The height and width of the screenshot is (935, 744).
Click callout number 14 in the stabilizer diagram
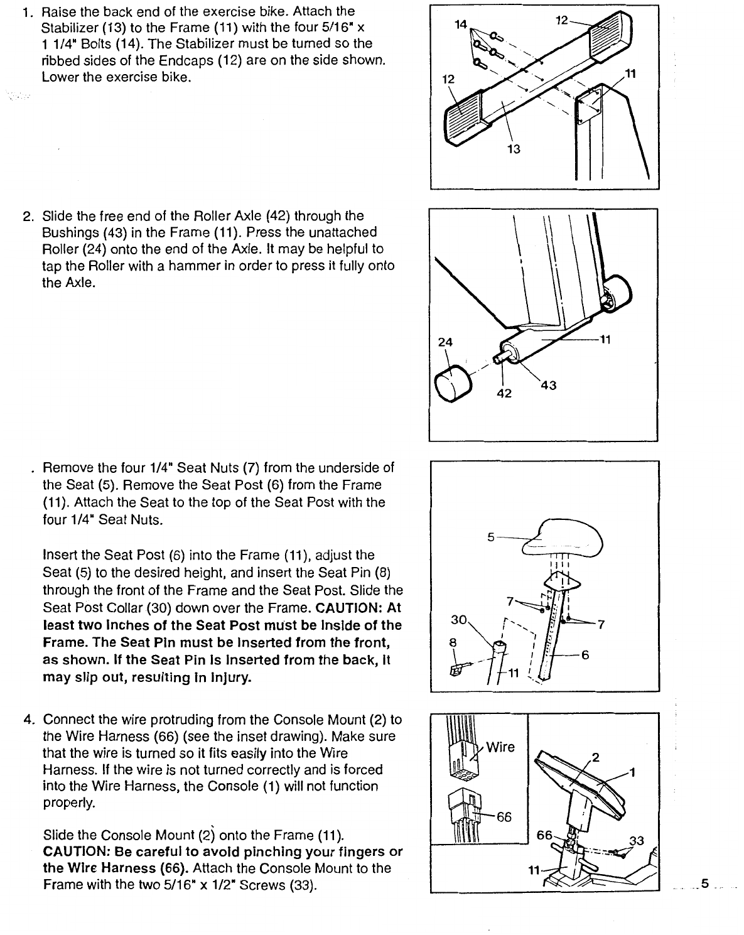[x=461, y=24]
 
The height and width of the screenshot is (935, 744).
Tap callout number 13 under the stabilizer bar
[x=514, y=149]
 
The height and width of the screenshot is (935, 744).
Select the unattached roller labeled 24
[x=451, y=383]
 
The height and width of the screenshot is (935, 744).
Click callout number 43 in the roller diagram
[x=548, y=386]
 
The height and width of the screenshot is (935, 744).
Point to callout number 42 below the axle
[x=504, y=394]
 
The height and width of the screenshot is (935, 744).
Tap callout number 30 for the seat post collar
[x=460, y=620]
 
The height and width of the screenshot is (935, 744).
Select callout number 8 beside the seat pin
[x=453, y=642]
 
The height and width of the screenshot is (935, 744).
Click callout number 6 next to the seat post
[x=585, y=654]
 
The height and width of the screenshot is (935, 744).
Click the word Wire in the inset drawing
[x=500, y=747]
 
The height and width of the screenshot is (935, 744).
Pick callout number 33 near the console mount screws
[x=637, y=842]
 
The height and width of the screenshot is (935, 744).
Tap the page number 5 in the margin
[x=704, y=884]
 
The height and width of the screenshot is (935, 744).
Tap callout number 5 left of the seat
[x=492, y=537]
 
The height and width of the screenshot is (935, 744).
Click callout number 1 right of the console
[x=633, y=773]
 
